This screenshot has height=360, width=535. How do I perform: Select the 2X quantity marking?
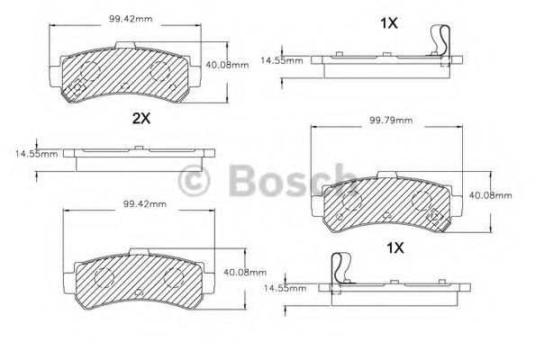[141, 118]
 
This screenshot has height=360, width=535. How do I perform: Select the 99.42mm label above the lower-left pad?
[143, 204]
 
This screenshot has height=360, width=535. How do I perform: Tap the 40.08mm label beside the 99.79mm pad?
[491, 194]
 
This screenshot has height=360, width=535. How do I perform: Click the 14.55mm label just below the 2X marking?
[36, 153]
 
